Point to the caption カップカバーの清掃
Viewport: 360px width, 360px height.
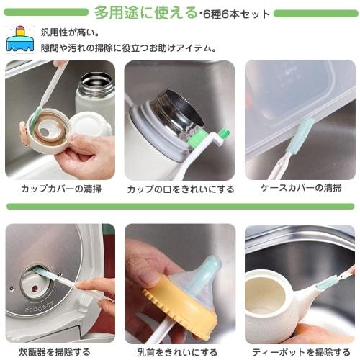[x=60, y=189]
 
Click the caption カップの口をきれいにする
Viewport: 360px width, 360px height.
[x=180, y=189]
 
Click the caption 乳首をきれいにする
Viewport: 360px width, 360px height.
[x=180, y=351]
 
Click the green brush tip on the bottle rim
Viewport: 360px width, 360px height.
[x=222, y=132]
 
